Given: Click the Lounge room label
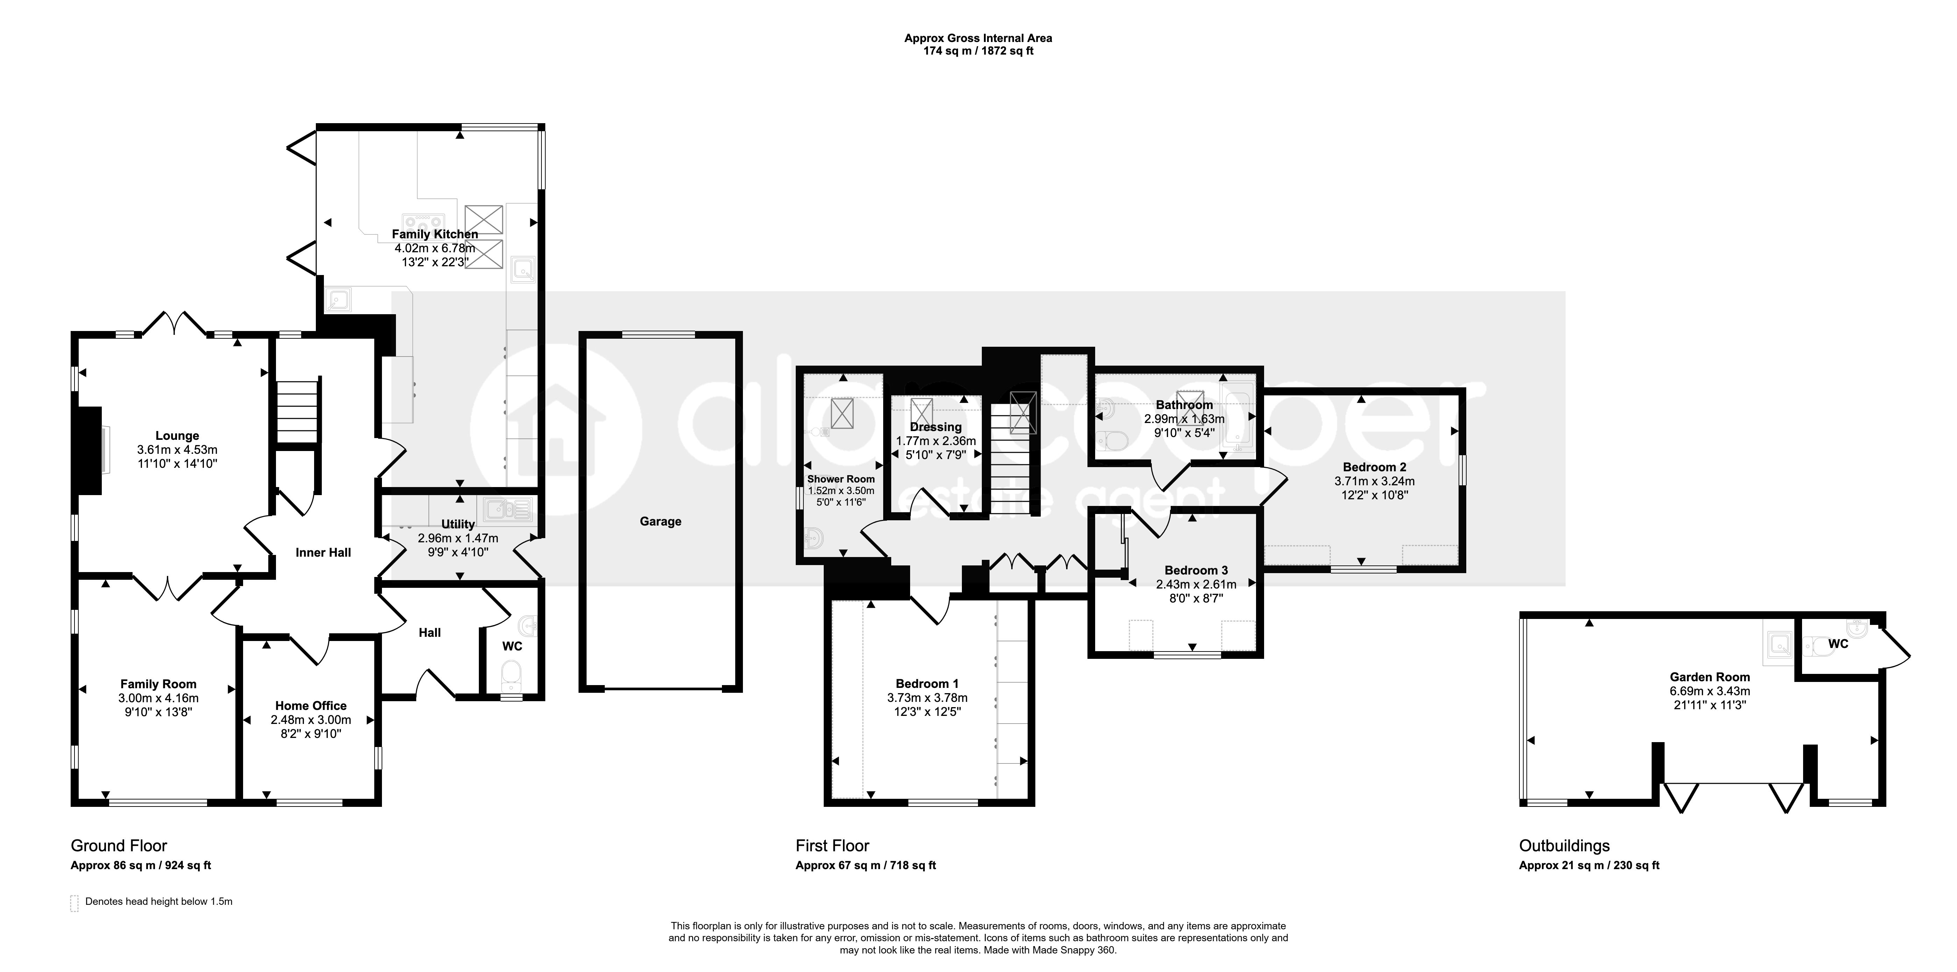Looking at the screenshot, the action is coord(177,436).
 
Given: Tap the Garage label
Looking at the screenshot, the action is coord(660,521).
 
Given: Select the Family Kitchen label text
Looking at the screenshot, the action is coord(434,234).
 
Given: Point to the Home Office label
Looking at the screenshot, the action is coord(311,705).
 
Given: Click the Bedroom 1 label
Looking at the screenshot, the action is coord(927,683).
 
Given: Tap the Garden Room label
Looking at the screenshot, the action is coord(1709,676).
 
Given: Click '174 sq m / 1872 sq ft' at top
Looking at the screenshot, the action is coord(978,51).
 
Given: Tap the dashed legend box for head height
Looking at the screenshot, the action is coord(75,903).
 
